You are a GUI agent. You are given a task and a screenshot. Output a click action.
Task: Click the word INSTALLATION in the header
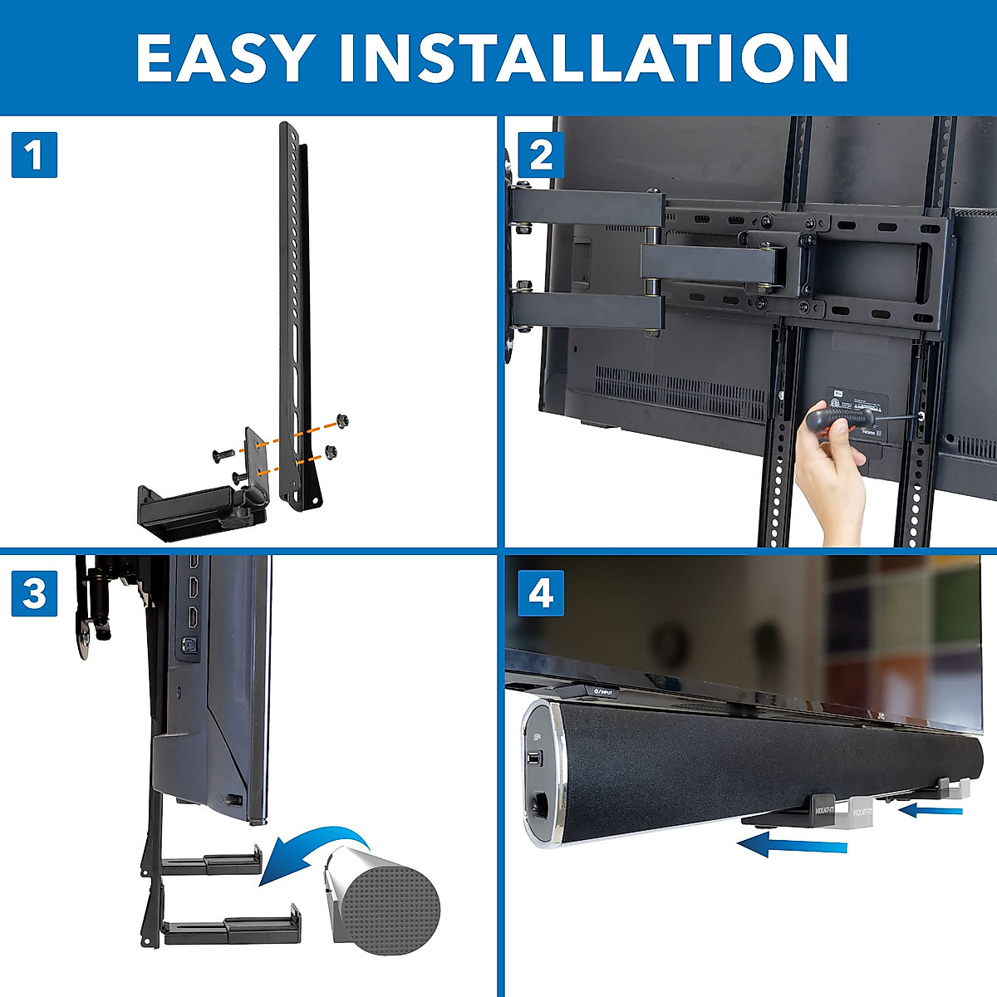click(x=594, y=58)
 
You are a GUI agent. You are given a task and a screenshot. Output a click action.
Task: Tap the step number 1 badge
click(x=34, y=155)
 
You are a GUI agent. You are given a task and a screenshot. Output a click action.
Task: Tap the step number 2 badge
click(x=541, y=155)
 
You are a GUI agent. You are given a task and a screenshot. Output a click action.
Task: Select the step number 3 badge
click(x=34, y=593)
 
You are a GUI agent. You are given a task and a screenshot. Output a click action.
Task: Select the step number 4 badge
click(x=541, y=593)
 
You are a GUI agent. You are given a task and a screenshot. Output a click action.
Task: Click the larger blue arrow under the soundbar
click(x=793, y=846)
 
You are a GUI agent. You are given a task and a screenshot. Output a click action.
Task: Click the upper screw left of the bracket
click(x=223, y=454)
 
